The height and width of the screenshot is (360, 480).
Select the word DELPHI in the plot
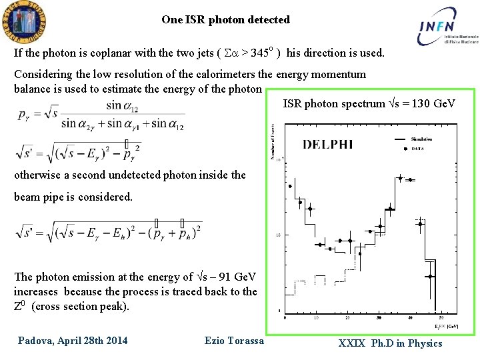[328, 143]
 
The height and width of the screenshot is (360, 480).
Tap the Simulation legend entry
[421, 139]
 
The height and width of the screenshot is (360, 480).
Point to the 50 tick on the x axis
[441, 317]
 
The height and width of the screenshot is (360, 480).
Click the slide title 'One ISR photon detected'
[225, 19]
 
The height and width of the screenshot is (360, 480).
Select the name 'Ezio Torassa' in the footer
[234, 341]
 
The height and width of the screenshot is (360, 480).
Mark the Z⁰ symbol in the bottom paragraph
[20, 306]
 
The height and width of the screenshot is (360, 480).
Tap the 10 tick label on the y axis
[277, 235]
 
